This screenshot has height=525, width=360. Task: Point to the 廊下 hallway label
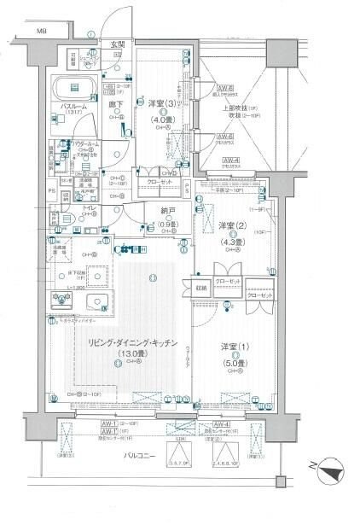point(115,104)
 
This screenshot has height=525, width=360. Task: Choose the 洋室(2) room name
point(226,225)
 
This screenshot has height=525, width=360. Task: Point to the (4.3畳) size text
point(226,240)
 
